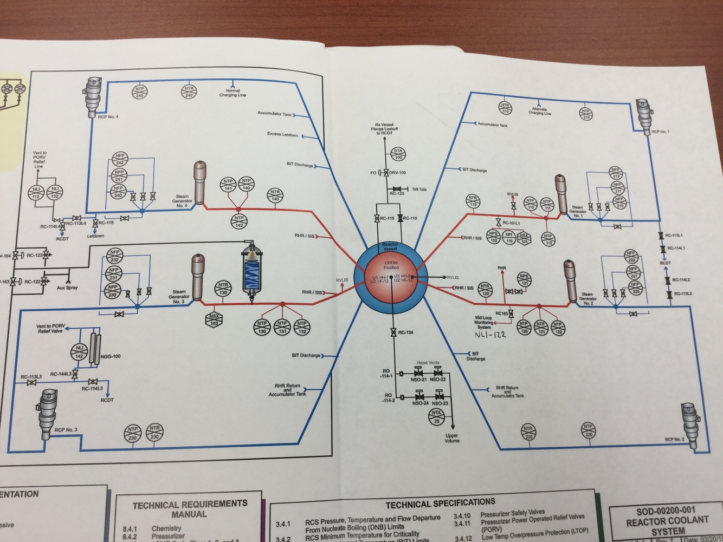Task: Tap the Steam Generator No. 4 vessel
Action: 199,182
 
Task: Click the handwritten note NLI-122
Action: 490,335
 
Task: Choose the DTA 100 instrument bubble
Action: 398,154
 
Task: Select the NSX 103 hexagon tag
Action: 215,319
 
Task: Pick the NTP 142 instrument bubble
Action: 239,221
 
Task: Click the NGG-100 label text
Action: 111,356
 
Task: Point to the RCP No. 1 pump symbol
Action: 643,115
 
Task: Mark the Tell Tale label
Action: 419,190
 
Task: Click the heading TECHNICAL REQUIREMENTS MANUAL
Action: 190,509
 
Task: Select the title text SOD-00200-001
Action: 666,511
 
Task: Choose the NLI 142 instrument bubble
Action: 80,352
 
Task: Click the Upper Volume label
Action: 452,438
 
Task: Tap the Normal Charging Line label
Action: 233,93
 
